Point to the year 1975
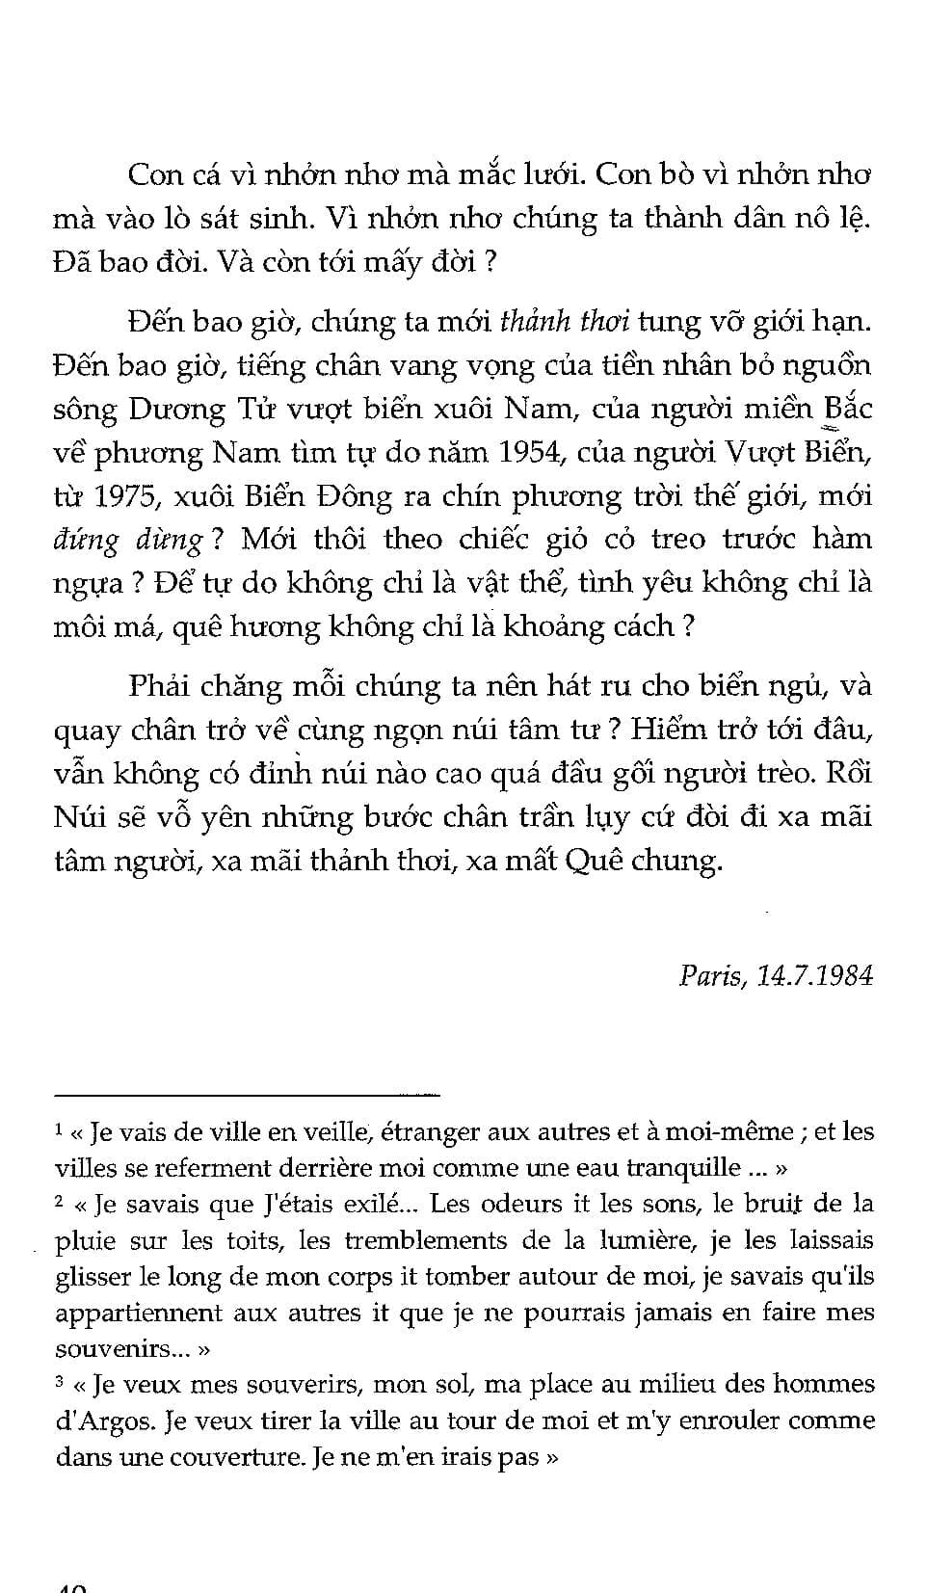pos(130,496)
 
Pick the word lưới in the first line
pos(551,174)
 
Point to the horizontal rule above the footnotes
pos(247,1094)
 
